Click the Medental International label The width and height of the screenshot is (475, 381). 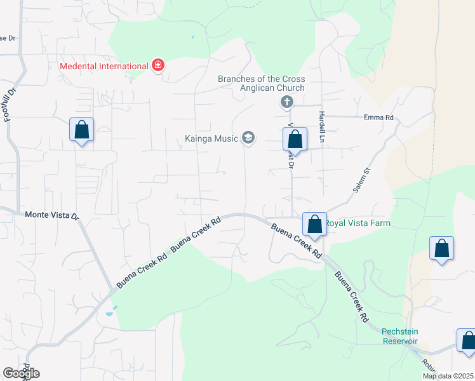tap(104, 66)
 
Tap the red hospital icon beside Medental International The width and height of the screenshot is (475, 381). tap(157, 66)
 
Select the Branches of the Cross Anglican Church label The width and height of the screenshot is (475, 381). tap(261, 83)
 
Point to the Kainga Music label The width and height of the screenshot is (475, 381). tap(211, 138)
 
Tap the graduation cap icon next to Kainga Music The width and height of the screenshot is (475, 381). tap(248, 138)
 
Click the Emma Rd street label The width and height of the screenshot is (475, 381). tap(378, 117)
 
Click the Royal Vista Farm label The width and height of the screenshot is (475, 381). tap(357, 224)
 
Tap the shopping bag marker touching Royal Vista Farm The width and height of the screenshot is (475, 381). tap(314, 224)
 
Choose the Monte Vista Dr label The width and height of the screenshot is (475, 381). tap(51, 215)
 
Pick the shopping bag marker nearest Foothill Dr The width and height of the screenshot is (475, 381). tap(81, 130)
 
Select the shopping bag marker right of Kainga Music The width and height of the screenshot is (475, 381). tap(295, 139)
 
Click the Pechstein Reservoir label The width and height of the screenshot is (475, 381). tap(399, 336)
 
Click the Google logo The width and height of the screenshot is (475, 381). tap(21, 373)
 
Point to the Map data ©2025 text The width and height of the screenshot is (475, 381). tap(448, 376)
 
